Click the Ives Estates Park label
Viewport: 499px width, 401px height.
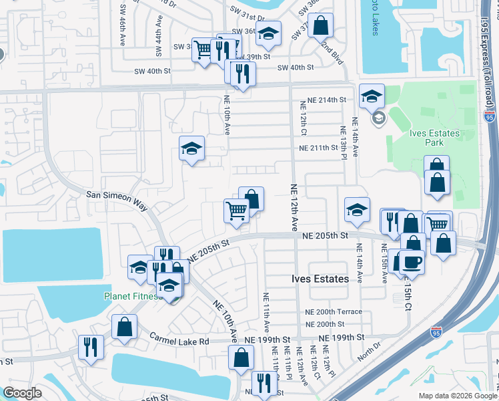coord(434,138)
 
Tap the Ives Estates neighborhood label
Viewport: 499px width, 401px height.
coord(320,279)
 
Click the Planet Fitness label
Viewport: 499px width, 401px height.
coord(131,296)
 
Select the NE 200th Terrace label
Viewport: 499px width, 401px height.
coord(334,312)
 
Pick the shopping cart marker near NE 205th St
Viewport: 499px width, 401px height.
coord(237,211)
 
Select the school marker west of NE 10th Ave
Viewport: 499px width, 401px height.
coord(192,148)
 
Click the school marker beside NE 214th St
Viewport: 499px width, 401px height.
coord(371,96)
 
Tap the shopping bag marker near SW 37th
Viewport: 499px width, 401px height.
coord(321,25)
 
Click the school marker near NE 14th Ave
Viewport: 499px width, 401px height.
coord(357,210)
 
